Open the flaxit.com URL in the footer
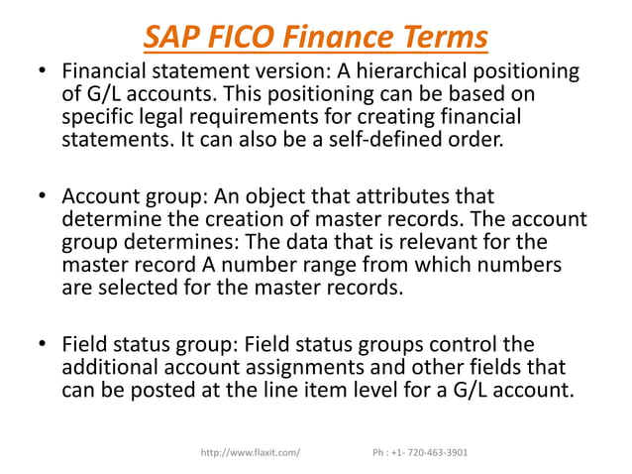pos(251,452)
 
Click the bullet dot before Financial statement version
pos(42,73)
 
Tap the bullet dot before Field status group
pos(42,345)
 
